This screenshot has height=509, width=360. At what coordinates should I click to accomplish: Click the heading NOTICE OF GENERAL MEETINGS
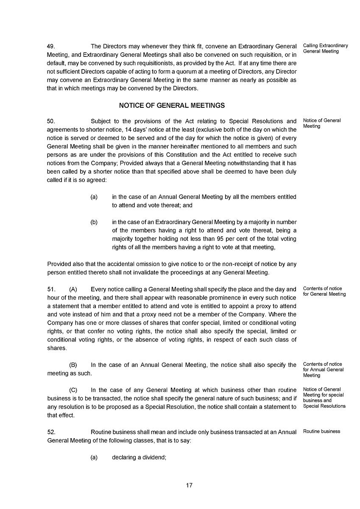click(172, 106)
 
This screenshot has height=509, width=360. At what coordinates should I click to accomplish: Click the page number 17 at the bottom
click(189, 485)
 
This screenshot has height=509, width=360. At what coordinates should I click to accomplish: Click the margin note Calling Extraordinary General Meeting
click(325, 48)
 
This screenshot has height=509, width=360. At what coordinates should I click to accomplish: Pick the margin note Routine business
click(321, 431)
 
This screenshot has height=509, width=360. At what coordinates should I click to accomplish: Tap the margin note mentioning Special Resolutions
click(324, 397)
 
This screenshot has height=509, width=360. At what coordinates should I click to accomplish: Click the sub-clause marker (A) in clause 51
click(73, 289)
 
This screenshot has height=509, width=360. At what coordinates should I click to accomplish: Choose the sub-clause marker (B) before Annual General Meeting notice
click(73, 365)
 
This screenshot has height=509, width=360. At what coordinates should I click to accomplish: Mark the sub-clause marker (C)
click(73, 390)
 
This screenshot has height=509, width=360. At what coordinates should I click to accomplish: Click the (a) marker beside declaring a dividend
click(94, 457)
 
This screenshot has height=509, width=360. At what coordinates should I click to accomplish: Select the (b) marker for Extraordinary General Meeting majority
click(94, 222)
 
